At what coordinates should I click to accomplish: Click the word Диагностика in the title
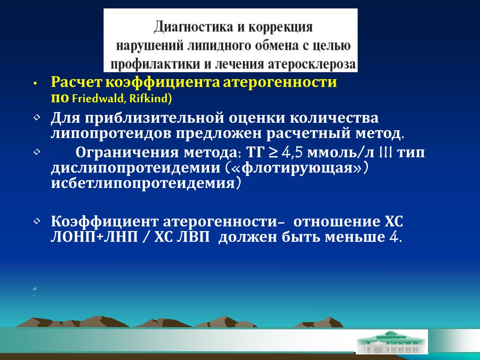pyautogui.click(x=194, y=27)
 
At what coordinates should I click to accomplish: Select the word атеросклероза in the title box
pyautogui.click(x=312, y=64)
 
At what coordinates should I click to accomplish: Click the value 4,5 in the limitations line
pyautogui.click(x=292, y=152)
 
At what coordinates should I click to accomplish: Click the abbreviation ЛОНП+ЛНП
pyautogui.click(x=94, y=237)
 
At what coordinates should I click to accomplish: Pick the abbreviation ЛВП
pyautogui.click(x=193, y=237)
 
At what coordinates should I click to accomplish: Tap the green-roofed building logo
pyautogui.click(x=391, y=342)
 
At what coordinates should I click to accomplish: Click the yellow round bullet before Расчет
pyautogui.click(x=35, y=83)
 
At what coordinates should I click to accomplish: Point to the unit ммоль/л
pyautogui.click(x=340, y=152)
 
